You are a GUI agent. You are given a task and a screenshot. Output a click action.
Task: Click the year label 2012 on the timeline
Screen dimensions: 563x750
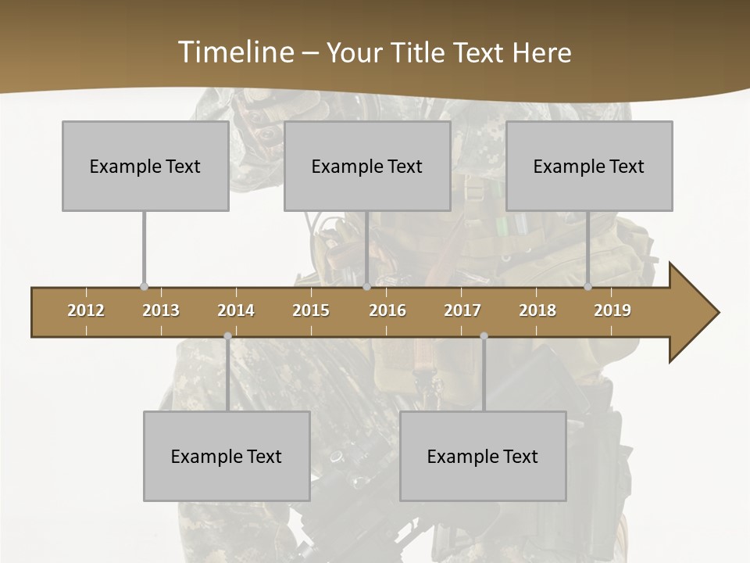coord(86,310)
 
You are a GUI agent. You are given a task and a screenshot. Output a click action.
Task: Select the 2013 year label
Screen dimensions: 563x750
coord(161,310)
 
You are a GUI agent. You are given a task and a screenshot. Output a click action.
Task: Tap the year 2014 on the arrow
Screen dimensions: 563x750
coord(236,310)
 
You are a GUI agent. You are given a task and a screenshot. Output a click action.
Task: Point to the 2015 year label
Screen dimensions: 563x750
coord(311,310)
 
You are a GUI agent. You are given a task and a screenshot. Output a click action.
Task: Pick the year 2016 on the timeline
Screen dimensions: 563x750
coord(387,310)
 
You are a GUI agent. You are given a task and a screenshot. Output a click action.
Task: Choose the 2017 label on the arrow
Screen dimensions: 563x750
coord(462,310)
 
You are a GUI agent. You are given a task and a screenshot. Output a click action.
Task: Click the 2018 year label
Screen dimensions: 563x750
coord(537,310)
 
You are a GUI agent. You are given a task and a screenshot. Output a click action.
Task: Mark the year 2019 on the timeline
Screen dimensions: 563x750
coord(612,310)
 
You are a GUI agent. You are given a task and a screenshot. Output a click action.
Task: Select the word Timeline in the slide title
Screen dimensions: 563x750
coord(235,52)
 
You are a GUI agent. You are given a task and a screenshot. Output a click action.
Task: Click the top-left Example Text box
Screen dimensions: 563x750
coord(145,166)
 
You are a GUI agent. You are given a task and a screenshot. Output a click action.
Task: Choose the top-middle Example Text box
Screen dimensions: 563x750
coord(367,166)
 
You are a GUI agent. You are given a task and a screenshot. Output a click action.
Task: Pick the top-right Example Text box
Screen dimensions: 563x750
coord(589,166)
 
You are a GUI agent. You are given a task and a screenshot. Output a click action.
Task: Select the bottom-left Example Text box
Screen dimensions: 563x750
coord(227,456)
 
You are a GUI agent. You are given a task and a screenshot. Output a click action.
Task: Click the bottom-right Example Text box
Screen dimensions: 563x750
coord(483,456)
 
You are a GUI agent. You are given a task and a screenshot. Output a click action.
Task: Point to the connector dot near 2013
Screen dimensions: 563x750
coord(144,286)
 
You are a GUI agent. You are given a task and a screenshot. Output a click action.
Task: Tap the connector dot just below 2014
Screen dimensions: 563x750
coord(227,336)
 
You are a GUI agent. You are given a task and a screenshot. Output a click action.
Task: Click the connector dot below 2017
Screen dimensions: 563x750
coord(484,336)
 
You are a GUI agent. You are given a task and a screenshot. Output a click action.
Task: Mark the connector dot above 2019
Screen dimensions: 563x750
coord(588,286)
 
